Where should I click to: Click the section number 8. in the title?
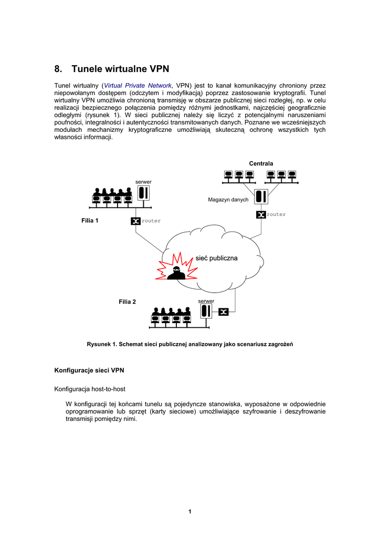(58, 69)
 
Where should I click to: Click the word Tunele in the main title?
(87, 69)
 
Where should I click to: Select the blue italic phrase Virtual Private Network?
(138, 85)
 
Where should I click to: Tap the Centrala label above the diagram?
(261, 163)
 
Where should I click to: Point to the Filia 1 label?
(90, 221)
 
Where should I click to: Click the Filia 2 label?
(127, 302)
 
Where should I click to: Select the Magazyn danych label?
(228, 200)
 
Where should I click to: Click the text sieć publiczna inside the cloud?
(216, 258)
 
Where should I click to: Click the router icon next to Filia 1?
(135, 221)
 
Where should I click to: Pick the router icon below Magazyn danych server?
(261, 214)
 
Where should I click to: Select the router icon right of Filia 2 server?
(224, 312)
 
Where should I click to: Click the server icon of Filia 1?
(143, 193)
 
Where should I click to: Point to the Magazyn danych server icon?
(261, 197)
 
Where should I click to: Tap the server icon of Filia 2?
(206, 311)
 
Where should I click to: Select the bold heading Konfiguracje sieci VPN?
(89, 370)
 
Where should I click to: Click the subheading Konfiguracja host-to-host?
(90, 389)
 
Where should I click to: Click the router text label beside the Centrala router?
(276, 214)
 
